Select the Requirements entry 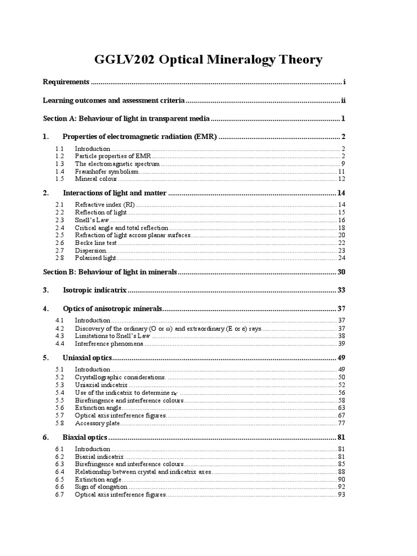tap(66, 82)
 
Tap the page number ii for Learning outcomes tap(343, 100)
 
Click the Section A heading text tap(126, 119)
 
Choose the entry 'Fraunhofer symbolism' tap(103, 171)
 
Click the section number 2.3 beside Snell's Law tap(60, 220)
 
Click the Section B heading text tap(110, 272)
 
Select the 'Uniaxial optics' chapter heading tap(87, 358)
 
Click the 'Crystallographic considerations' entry tap(120, 377)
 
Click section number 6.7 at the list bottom tap(60, 495)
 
